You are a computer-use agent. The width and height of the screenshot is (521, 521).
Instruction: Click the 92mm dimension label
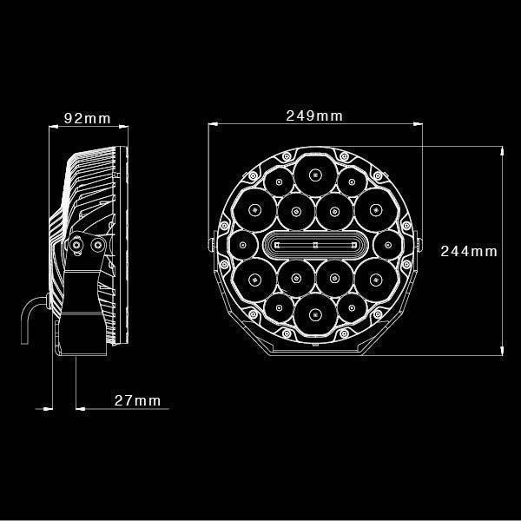tap(86, 119)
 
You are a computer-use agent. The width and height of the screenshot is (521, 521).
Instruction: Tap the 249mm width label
tap(313, 115)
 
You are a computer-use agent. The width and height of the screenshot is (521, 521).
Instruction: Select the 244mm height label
tap(468, 251)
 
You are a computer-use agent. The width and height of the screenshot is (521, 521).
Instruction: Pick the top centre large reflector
tap(313, 174)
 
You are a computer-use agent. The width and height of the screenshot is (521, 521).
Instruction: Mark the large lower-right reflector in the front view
tap(372, 280)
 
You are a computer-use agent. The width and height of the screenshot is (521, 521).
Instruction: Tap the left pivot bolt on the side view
tap(77, 246)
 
